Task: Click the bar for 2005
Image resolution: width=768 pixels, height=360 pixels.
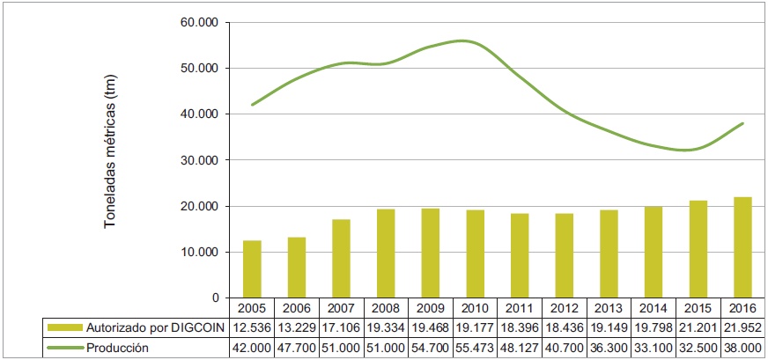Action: click(x=253, y=268)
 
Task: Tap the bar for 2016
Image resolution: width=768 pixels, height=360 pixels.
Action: click(x=743, y=247)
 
